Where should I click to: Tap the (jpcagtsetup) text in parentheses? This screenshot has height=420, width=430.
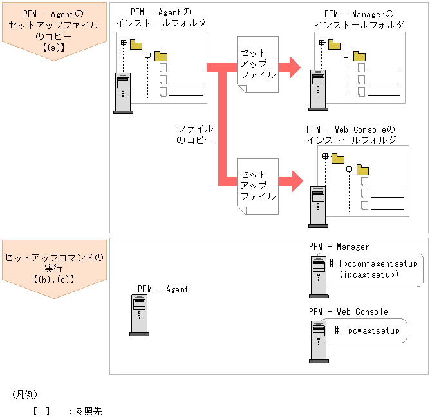[x=369, y=274]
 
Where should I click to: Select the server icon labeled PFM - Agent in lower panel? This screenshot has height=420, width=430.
[x=139, y=316]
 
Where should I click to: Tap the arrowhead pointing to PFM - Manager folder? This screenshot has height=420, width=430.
[x=294, y=66]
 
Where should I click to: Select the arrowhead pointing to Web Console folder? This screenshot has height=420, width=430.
[x=295, y=180]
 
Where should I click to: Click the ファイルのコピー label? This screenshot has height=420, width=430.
[x=195, y=134]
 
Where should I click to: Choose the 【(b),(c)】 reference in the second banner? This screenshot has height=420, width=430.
[x=54, y=280]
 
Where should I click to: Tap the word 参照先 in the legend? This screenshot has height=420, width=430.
[x=88, y=410]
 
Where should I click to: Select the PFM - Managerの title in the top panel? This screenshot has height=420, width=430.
[x=358, y=14]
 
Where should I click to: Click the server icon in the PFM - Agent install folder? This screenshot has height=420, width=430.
[x=122, y=93]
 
